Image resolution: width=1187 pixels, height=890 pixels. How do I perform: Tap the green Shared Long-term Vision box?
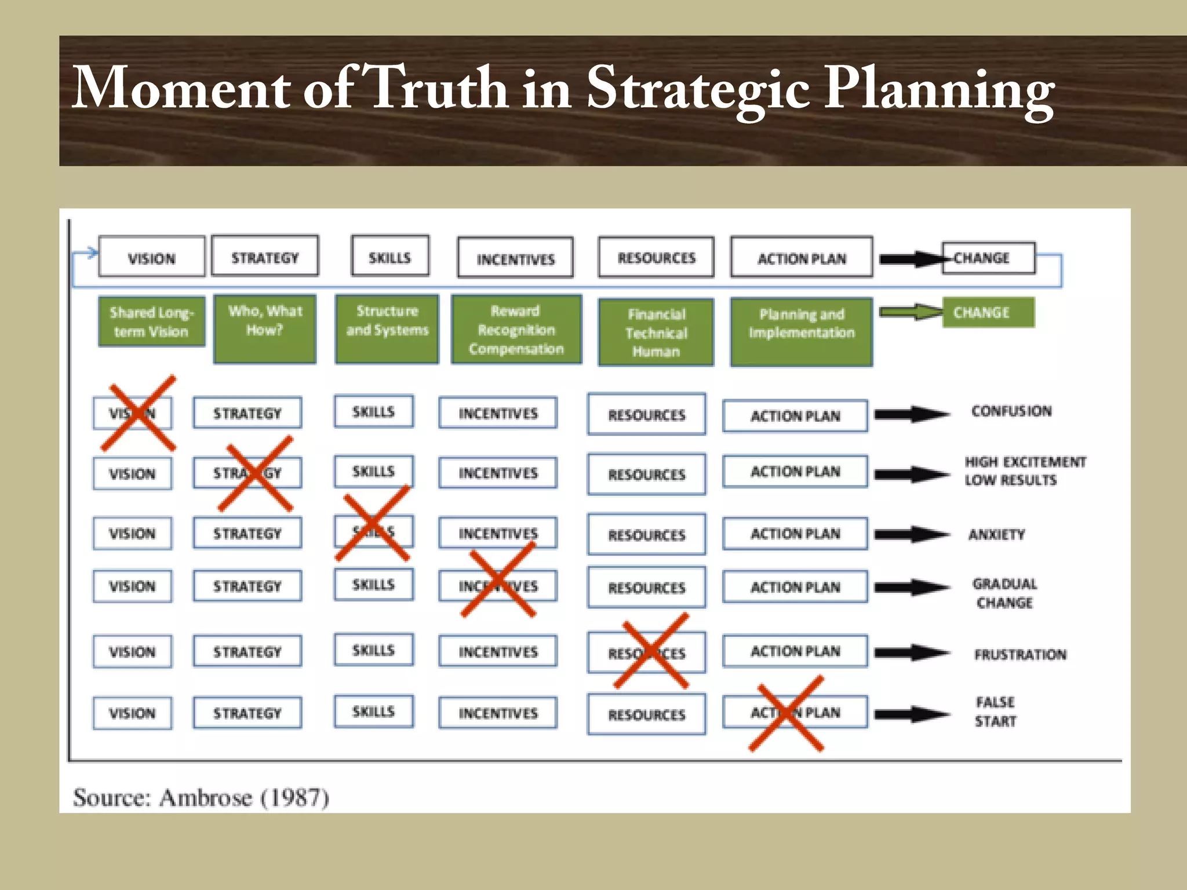pos(151,322)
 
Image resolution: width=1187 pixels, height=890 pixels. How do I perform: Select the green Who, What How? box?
pos(265,329)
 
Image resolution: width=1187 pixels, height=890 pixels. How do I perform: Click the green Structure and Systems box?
pos(387,329)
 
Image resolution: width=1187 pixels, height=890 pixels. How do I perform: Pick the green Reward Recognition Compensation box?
pos(516,329)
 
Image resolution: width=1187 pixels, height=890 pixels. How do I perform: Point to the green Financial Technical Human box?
pos(656,332)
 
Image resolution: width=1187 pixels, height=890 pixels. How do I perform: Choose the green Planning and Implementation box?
pos(801,331)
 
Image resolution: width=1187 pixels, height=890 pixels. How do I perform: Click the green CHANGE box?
pos(988,312)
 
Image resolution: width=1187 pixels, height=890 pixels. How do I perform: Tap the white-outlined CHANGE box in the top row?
pos(988,258)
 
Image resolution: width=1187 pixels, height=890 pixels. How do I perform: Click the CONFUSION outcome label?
pos(1011,411)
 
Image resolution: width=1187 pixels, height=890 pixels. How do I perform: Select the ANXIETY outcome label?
pos(996,534)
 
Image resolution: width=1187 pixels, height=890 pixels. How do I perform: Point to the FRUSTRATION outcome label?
pos(1020,654)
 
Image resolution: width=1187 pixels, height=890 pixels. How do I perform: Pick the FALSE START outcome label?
pos(995,712)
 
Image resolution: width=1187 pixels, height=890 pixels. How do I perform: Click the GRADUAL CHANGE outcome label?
pos(1004,593)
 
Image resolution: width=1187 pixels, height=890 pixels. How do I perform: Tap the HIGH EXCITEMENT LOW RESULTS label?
pos(1025,470)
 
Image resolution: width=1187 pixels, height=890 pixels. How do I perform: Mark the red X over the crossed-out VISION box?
pos(138,413)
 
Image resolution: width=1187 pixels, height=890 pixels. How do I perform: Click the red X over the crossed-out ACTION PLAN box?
pos(787,713)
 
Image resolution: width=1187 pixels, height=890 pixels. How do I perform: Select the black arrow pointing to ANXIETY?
pos(911,534)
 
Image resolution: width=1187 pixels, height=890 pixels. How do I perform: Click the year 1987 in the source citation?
pos(296,797)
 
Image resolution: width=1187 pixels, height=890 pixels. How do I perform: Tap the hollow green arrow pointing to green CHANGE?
pos(910,312)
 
